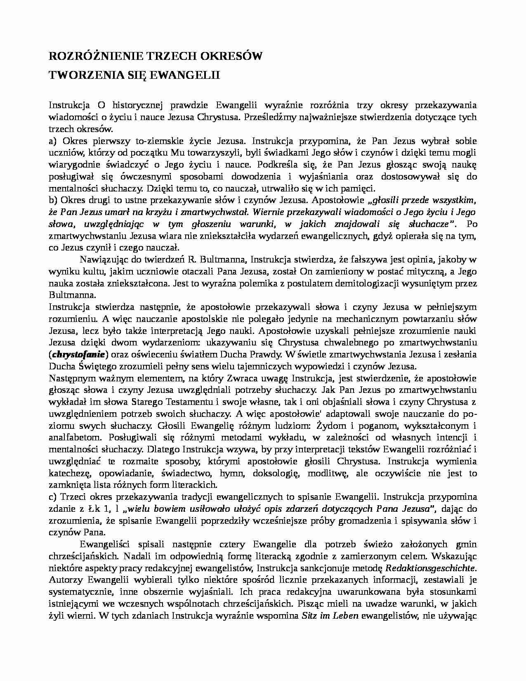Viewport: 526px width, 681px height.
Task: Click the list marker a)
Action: click(52, 141)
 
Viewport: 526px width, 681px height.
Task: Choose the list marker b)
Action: click(53, 201)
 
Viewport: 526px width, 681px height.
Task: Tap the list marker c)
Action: click(52, 497)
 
